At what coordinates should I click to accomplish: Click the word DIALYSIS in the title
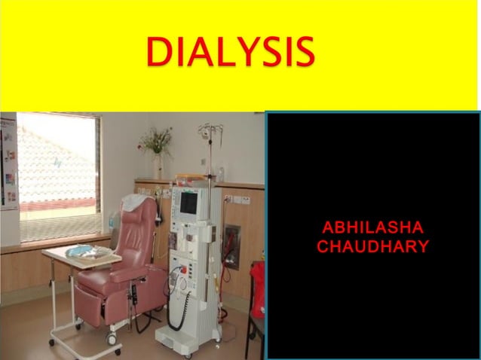pyautogui.click(x=230, y=51)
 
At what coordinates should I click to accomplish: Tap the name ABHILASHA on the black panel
pyautogui.click(x=372, y=228)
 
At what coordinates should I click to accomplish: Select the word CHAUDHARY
pyautogui.click(x=372, y=247)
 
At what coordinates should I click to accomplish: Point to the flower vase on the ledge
pyautogui.click(x=158, y=162)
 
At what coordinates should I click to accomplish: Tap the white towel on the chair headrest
pyautogui.click(x=136, y=202)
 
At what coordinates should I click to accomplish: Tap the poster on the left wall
pyautogui.click(x=8, y=162)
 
